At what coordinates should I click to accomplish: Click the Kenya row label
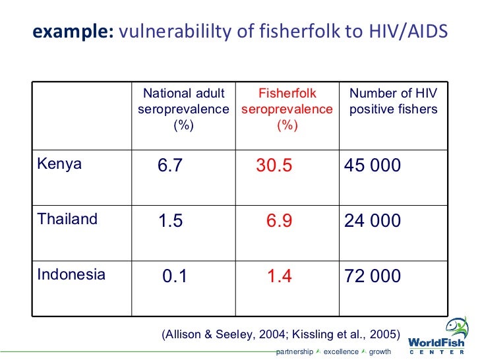(59, 164)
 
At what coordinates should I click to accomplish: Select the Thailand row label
(67, 220)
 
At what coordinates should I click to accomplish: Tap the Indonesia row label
(71, 275)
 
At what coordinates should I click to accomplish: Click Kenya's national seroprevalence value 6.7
(170, 165)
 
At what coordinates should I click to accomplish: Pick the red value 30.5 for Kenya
(274, 165)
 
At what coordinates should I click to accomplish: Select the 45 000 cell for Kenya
(373, 165)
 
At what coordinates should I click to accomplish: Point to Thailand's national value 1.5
(170, 221)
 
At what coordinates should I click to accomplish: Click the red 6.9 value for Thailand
(280, 221)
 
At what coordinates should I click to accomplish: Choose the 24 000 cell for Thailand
(373, 221)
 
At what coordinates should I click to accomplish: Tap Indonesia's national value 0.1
(175, 276)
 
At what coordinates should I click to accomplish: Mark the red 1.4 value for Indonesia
(280, 276)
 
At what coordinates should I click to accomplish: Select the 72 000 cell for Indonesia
(373, 276)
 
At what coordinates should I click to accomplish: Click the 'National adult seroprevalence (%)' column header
(184, 109)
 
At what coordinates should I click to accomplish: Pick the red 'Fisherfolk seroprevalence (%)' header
(287, 109)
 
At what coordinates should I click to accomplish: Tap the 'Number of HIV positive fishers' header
(393, 102)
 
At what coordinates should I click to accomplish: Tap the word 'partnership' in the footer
(295, 351)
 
